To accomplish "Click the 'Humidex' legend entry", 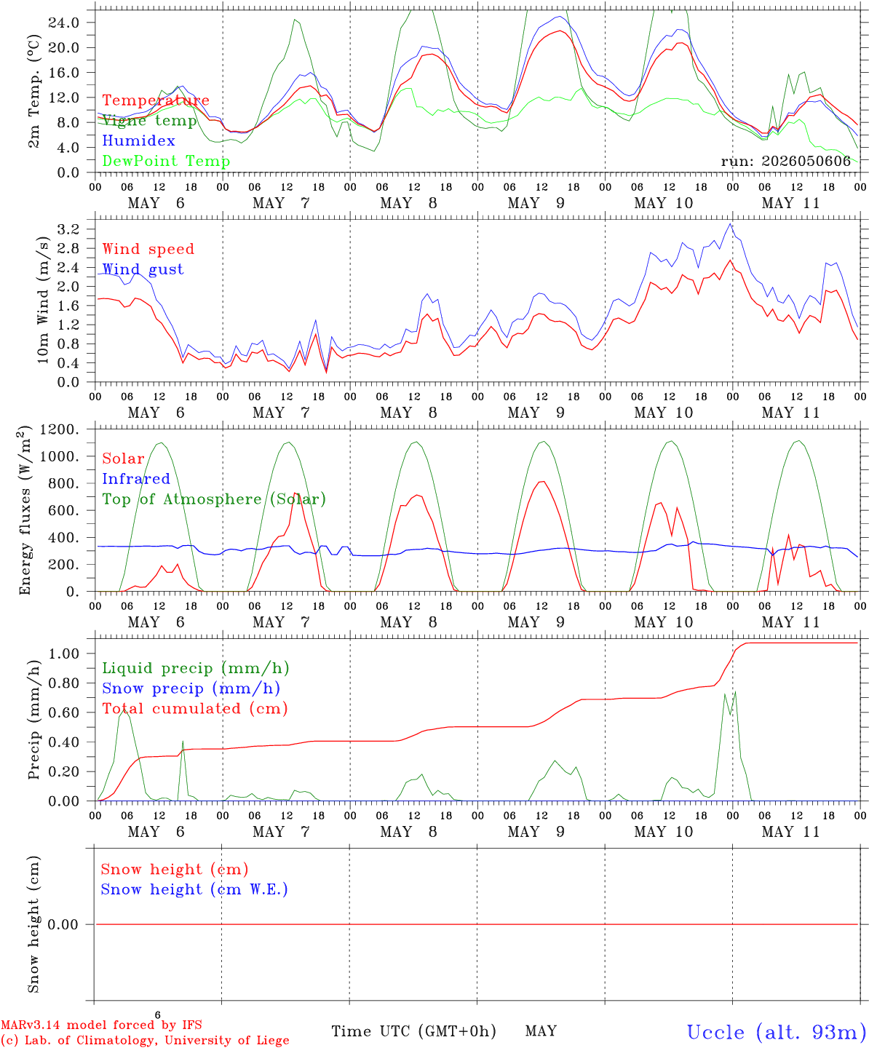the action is click(138, 140).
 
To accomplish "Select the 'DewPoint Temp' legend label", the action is click(166, 161).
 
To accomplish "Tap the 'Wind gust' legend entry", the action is click(143, 269).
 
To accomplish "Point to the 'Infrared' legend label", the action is click(136, 479).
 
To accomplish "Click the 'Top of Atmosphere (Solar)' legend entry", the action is click(215, 499).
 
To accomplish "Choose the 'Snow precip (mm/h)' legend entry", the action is click(191, 688).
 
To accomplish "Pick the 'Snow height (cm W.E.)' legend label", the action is click(194, 889).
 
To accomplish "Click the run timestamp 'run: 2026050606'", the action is click(786, 161).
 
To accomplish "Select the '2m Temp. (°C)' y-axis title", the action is click(33, 92).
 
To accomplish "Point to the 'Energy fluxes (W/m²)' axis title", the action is click(25, 510).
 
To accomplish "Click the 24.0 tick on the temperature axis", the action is click(64, 23).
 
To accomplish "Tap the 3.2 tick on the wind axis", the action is click(68, 229).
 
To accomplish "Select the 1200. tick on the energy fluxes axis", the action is click(60, 429).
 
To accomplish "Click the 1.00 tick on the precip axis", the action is click(64, 654).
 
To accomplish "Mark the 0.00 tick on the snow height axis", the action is click(63, 924).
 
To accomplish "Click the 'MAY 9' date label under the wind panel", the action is click(536, 413).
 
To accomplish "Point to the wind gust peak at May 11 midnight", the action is click(731, 224).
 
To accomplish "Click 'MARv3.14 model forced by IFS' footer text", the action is click(101, 1025).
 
